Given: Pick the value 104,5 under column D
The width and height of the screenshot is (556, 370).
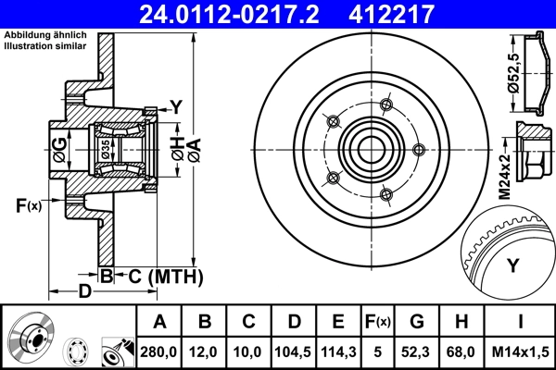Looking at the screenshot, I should point(294,351).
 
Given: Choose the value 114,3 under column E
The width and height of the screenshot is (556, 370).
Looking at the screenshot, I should point(338,351).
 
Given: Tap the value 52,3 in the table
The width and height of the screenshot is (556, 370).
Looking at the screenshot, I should point(417,351).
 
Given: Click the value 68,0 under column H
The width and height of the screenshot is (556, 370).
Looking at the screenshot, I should point(461,351).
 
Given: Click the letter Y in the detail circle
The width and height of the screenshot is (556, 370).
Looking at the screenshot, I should point(512,266).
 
